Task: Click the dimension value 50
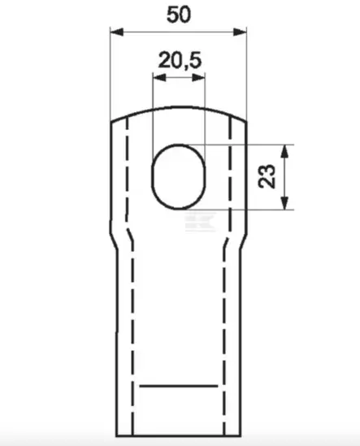(179, 15)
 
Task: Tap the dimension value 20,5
(180, 60)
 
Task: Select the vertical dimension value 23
(267, 176)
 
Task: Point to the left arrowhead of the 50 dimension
(117, 32)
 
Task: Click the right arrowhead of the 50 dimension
(240, 32)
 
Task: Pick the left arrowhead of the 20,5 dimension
(159, 77)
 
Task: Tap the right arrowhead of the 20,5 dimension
(198, 77)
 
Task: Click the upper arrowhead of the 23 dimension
(284, 152)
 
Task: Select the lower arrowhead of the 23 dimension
(284, 203)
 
